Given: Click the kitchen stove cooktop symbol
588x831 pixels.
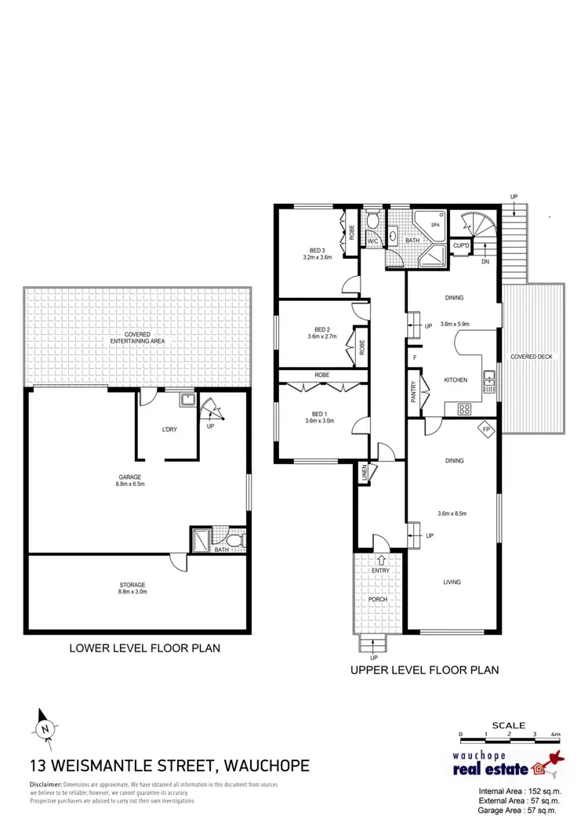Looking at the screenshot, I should tap(463, 408).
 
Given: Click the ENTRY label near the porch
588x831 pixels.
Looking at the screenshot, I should tap(380, 571).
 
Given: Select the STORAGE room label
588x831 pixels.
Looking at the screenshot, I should tap(133, 585).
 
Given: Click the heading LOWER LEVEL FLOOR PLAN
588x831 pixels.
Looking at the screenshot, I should tap(144, 648).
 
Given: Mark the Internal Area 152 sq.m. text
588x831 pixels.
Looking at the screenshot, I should tap(520, 790).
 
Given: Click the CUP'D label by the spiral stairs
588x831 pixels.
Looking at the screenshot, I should tap(461, 246).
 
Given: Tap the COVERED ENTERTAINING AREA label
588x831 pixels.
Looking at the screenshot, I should tap(137, 339).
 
